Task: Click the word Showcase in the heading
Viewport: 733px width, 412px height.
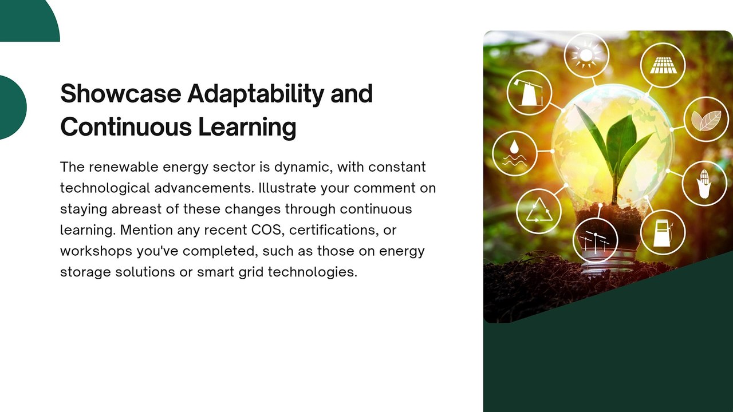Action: pyautogui.click(x=121, y=93)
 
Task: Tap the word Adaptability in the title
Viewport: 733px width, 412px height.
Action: pyautogui.click(x=255, y=95)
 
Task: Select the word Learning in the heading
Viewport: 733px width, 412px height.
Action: pyautogui.click(x=247, y=128)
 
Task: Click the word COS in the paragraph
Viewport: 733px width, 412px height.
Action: pyautogui.click(x=266, y=230)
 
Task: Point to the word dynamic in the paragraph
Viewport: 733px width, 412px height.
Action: pyautogui.click(x=304, y=168)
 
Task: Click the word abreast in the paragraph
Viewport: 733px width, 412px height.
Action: pyautogui.click(x=136, y=209)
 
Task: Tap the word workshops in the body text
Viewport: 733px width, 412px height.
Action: pyautogui.click(x=96, y=251)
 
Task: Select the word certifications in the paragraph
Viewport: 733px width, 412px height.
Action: pyautogui.click(x=334, y=230)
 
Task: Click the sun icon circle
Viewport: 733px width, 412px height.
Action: pyautogui.click(x=586, y=56)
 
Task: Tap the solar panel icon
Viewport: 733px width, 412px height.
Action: pyautogui.click(x=663, y=65)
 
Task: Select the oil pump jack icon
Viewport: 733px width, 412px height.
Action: pyautogui.click(x=529, y=93)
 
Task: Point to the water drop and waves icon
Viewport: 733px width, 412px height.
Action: pyautogui.click(x=514, y=153)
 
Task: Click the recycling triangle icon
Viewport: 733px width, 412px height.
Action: pyautogui.click(x=539, y=211)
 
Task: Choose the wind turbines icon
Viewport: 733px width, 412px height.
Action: pyautogui.click(x=595, y=241)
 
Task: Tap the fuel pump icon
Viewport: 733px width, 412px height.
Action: pyautogui.click(x=663, y=232)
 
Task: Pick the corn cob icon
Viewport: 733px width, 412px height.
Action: pyautogui.click(x=704, y=184)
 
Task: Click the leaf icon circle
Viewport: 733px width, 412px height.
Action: pyautogui.click(x=706, y=120)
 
